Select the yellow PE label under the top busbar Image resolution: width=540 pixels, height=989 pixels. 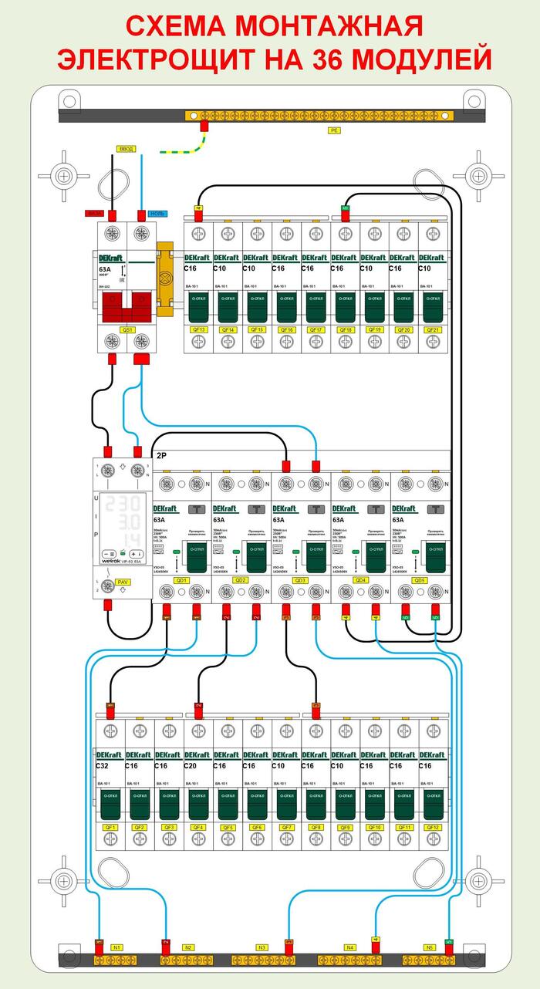pos(333,130)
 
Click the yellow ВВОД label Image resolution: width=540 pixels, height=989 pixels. pos(126,148)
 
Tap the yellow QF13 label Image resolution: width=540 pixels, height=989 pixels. pos(198,329)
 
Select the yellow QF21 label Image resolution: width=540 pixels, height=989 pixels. pos(433,329)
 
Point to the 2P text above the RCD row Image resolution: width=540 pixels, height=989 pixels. pos(163,457)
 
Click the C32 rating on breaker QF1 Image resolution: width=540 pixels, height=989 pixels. pos(103,766)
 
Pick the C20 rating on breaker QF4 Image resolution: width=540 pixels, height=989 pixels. pos(192,766)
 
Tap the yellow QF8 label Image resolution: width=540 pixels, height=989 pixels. pos(315,827)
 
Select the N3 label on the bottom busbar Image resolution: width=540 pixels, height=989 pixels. pos(262,947)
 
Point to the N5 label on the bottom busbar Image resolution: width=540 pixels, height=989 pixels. pos(430,947)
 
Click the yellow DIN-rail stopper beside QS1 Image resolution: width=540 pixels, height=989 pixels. pos(166,278)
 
